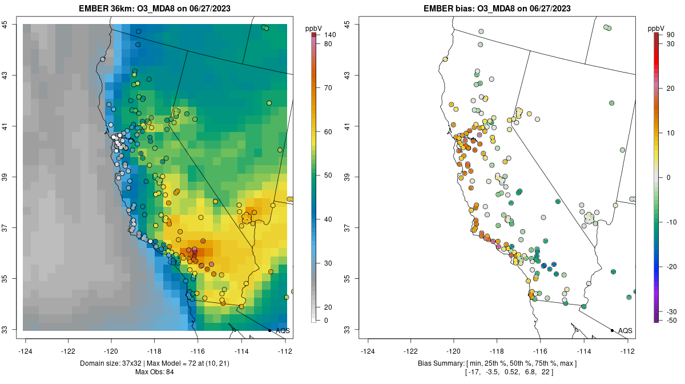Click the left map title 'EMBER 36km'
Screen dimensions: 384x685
tap(118, 9)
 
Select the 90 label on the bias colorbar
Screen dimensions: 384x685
tap(669, 35)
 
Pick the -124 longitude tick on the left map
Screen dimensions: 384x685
tap(26, 350)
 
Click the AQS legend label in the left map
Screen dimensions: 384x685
tap(283, 330)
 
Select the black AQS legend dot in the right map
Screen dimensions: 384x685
tap(612, 330)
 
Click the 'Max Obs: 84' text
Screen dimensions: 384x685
tap(155, 372)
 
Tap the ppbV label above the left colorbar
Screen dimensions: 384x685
tap(313, 28)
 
